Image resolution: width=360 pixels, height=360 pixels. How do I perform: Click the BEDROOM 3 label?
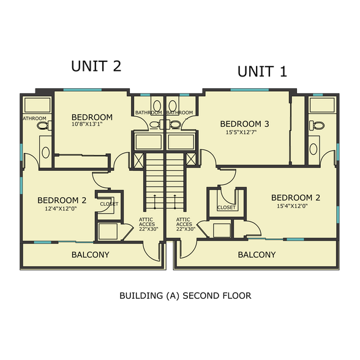click(245, 124)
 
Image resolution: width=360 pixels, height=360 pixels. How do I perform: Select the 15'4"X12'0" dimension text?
click(295, 206)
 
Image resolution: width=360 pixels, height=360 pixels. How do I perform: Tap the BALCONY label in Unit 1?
click(257, 255)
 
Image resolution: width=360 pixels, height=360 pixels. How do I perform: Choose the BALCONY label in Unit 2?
click(91, 255)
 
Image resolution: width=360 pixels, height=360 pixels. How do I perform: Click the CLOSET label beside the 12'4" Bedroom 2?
click(109, 204)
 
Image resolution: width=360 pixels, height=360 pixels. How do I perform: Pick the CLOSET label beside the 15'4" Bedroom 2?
click(227, 208)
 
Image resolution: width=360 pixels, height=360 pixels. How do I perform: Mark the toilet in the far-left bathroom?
click(43, 126)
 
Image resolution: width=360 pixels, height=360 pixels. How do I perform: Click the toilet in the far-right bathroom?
click(315, 126)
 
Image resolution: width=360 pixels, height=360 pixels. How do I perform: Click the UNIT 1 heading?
click(261, 72)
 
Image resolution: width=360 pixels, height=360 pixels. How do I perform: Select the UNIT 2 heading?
click(96, 67)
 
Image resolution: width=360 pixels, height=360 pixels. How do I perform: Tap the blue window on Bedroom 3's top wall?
click(249, 90)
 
